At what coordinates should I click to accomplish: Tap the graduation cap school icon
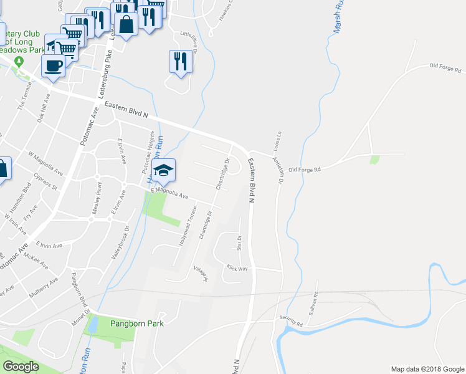coord(163,170)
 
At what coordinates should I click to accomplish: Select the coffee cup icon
coord(52,65)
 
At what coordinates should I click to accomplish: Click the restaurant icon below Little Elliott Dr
coord(181,61)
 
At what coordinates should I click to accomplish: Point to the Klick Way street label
coord(237,267)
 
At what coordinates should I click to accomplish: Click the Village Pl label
coord(199,274)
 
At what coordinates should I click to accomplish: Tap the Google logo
coord(21,367)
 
